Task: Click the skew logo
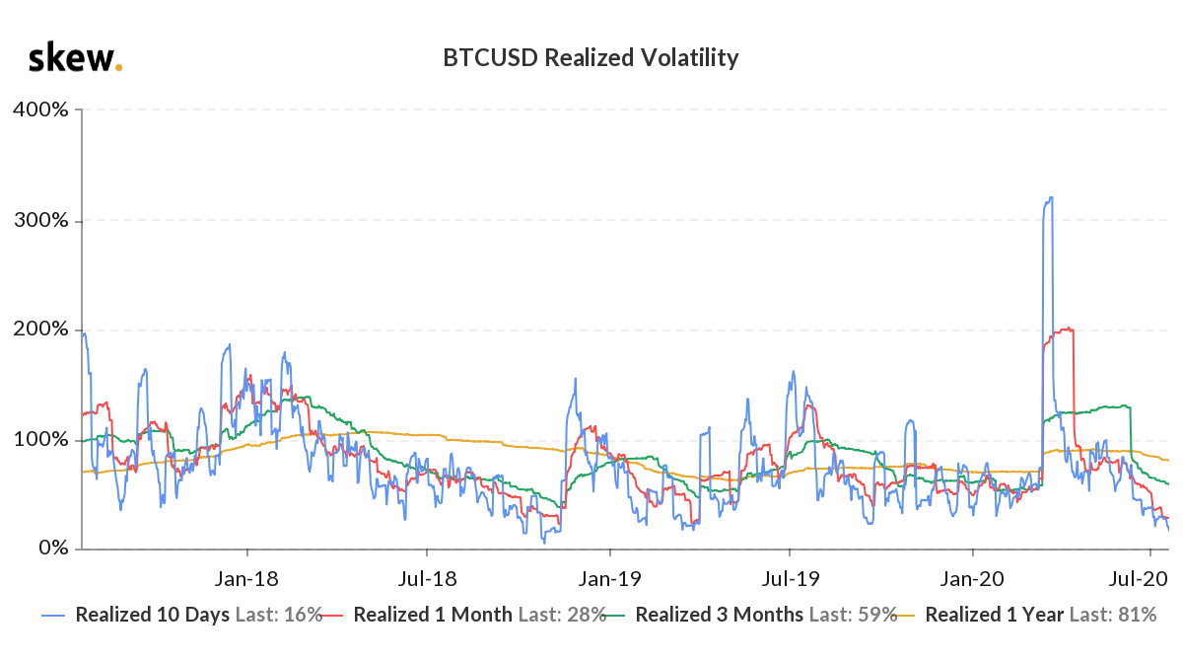pyautogui.click(x=74, y=58)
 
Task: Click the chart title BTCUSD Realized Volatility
pyautogui.click(x=591, y=58)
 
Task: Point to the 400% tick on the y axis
pyautogui.click(x=40, y=110)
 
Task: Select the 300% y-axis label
pyautogui.click(x=40, y=220)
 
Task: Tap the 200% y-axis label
pyautogui.click(x=40, y=330)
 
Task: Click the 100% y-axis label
pyautogui.click(x=40, y=439)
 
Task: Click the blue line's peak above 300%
pyautogui.click(x=1051, y=198)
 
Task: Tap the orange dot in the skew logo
pyautogui.click(x=119, y=68)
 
